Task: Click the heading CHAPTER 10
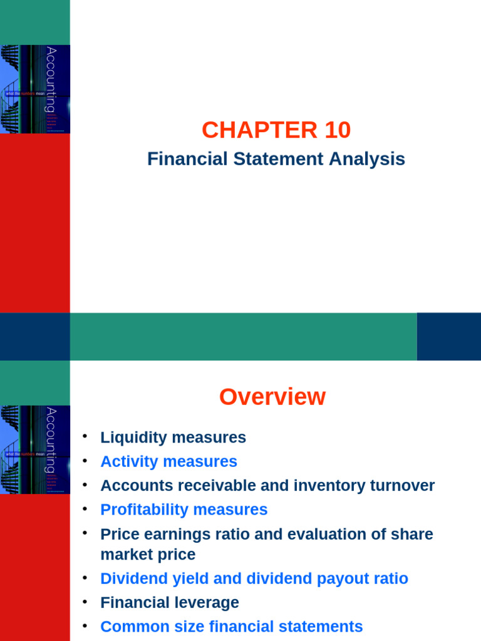[x=276, y=130]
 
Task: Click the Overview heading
[x=272, y=397]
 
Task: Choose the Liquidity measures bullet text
[x=173, y=438]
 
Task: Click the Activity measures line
[x=168, y=461]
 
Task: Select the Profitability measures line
[x=184, y=510]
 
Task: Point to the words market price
[x=148, y=555]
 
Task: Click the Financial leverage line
[x=169, y=603]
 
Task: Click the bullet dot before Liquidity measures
[x=85, y=436]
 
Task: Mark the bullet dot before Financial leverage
[x=85, y=602]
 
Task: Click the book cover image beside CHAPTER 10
[x=35, y=89]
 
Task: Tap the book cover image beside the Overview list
[x=35, y=449]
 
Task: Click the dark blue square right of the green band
[x=448, y=337]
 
